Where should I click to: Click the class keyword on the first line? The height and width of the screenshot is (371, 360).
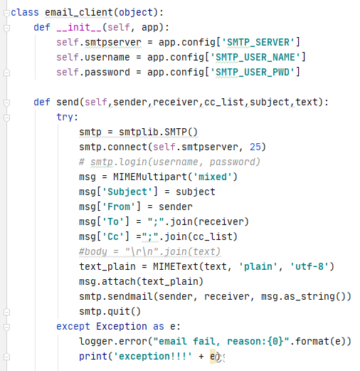point(25,12)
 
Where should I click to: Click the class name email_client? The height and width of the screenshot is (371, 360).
point(79,12)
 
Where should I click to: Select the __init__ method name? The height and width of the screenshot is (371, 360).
point(79,27)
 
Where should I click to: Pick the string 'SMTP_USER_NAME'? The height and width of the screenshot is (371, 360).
point(255,57)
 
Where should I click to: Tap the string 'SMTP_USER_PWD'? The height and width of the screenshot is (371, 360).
point(253,72)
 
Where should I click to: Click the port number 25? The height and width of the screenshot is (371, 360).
point(255,147)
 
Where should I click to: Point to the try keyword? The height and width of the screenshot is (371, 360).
point(65,117)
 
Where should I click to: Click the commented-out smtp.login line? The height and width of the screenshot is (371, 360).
point(169,162)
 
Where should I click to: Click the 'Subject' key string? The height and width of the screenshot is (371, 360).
point(127,192)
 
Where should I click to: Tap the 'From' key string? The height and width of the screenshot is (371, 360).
point(119,207)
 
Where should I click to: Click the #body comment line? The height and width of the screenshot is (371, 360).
point(149,251)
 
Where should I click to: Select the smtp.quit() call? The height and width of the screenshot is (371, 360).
point(110,311)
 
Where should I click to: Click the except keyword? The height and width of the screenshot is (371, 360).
point(73,326)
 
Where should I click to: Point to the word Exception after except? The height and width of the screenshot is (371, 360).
point(122,326)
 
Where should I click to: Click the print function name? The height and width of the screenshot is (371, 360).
point(93,356)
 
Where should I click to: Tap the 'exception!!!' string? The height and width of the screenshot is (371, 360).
point(153,356)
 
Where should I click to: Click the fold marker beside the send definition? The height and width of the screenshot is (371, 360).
point(6,103)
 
